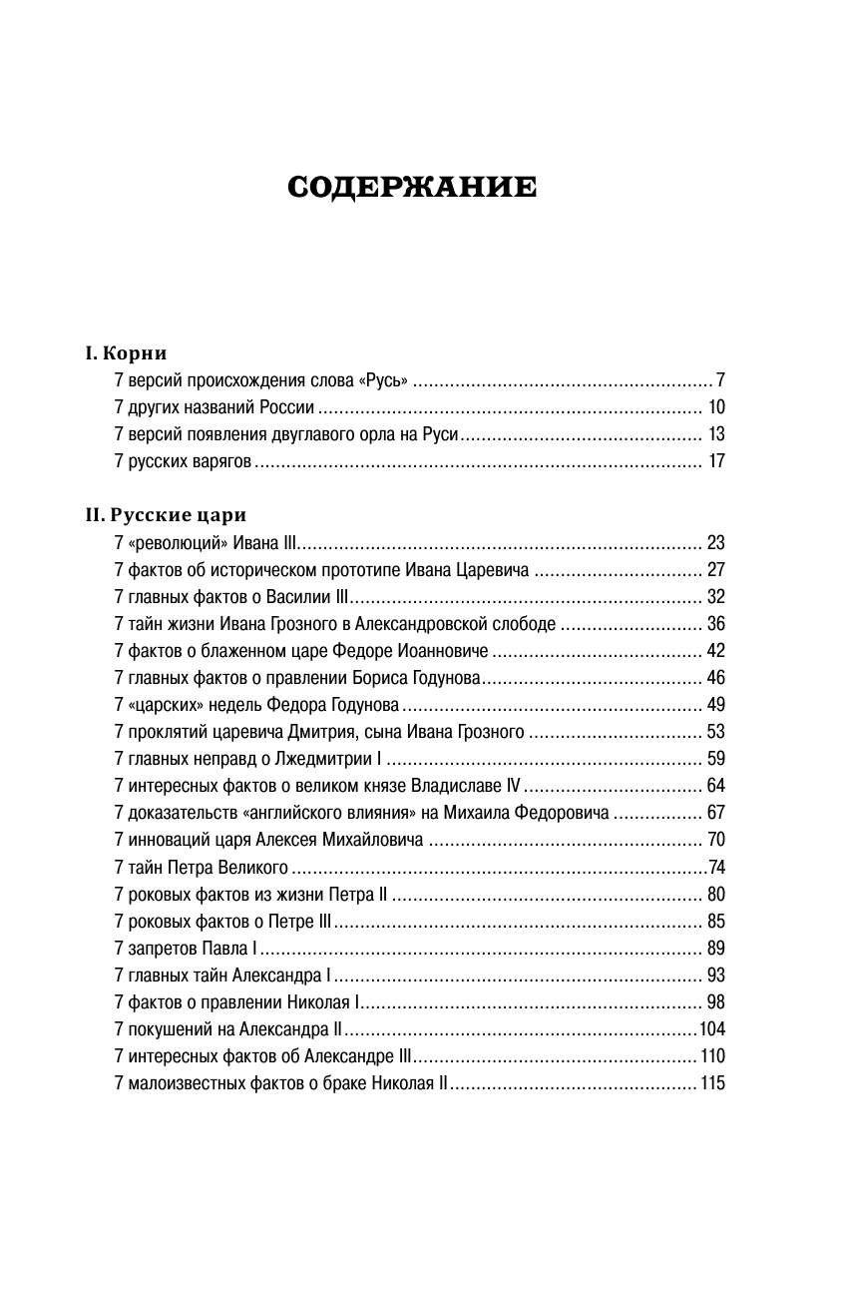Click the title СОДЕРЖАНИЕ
(411, 189)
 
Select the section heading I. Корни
(126, 352)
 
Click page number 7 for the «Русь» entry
(719, 380)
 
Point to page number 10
(715, 407)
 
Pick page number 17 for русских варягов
(715, 461)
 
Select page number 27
(715, 570)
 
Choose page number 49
(715, 705)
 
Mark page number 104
(711, 1028)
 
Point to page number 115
(712, 1082)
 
